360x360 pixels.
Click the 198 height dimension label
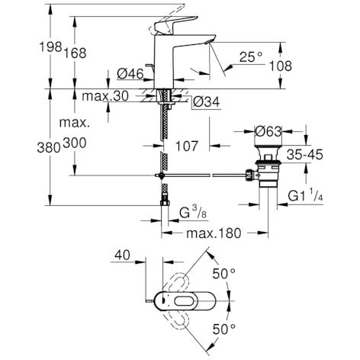point(50,47)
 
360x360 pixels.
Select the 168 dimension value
point(75,53)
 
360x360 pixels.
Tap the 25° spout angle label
point(251,57)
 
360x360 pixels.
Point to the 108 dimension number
point(281,66)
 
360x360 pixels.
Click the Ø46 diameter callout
point(130,74)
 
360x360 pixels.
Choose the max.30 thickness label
point(105,96)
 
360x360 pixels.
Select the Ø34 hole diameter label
point(206,102)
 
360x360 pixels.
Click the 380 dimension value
point(49,147)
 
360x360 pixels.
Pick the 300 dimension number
point(75,143)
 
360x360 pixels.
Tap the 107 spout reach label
point(187,146)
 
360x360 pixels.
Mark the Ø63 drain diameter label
point(268,131)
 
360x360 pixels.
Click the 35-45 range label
point(305,154)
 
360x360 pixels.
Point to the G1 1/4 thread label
point(305,194)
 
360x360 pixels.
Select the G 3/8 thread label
point(193,213)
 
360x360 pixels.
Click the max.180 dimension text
point(214,233)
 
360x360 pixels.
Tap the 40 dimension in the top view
point(122,255)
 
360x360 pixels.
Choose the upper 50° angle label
point(223,274)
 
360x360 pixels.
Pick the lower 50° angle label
point(223,329)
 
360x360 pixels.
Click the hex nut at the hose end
point(165,203)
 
